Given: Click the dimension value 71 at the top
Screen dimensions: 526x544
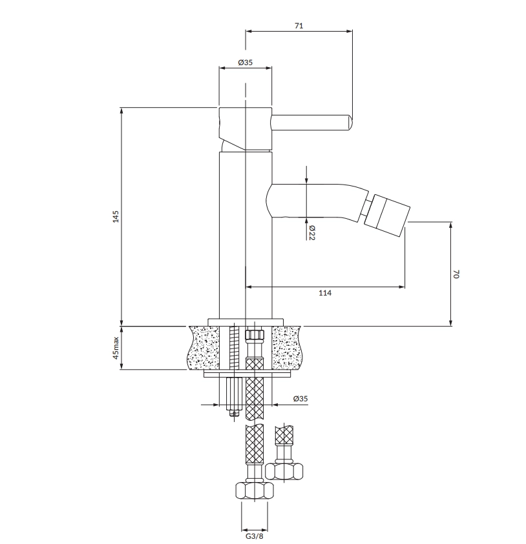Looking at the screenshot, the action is (299, 26).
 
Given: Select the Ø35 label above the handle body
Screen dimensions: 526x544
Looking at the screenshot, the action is (246, 63).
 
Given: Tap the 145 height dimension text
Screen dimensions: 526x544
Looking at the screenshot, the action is (116, 216).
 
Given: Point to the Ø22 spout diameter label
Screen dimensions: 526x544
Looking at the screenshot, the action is (311, 232).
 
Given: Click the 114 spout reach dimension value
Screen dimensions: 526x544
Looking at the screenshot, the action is (325, 293).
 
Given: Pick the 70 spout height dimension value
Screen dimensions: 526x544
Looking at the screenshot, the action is (456, 274).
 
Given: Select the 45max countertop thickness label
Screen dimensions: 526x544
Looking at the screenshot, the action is (116, 348).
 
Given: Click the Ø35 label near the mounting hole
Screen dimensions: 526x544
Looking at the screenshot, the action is (300, 399).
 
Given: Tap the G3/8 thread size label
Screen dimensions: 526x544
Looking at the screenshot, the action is (255, 536).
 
